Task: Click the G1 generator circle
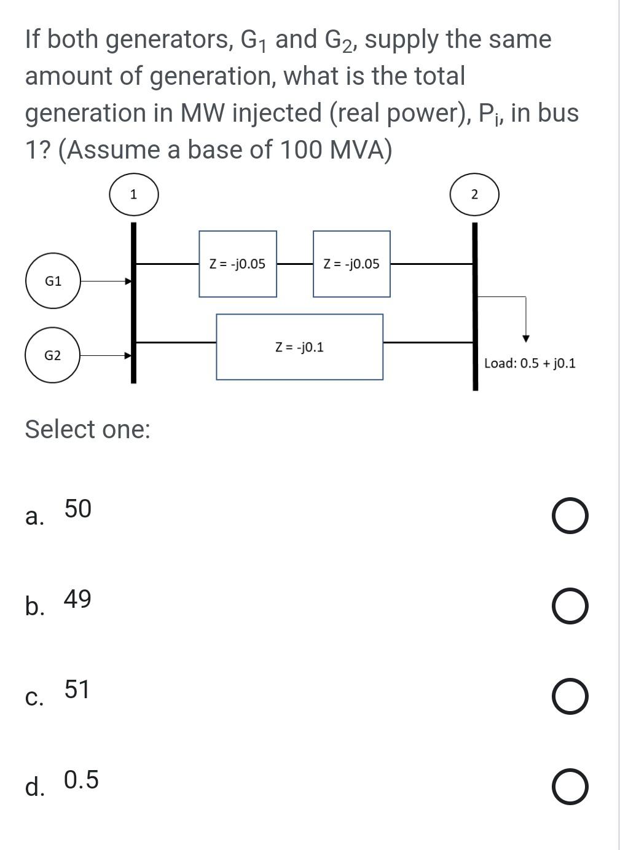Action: pos(53,281)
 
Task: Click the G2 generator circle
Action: pos(52,355)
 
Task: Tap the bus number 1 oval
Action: pos(134,195)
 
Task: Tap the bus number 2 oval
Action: pos(474,195)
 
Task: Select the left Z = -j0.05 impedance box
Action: pos(238,264)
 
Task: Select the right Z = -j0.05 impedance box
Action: pos(351,264)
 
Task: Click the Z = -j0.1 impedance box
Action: pos(299,347)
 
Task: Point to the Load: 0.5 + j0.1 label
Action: pos(530,363)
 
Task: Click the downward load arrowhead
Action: pos(525,339)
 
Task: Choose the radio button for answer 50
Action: pos(569,516)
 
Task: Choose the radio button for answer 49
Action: pos(569,607)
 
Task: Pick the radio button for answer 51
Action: pos(569,697)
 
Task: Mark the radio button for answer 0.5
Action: pos(569,787)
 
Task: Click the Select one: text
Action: pos(87,429)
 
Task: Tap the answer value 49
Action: pos(77,599)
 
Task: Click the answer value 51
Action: pos(77,689)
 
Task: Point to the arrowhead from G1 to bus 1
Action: pos(128,281)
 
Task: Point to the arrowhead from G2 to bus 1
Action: pos(128,355)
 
